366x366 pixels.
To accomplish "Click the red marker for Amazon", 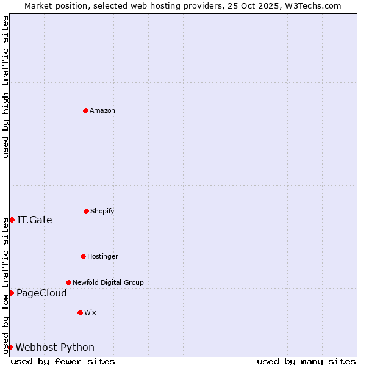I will pyautogui.click(x=85, y=110).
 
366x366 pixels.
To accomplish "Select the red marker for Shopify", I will pyautogui.click(x=86, y=211).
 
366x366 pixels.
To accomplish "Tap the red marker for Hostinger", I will pyautogui.click(x=83, y=256).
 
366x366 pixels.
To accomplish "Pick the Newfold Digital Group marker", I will pyautogui.click(x=68, y=282).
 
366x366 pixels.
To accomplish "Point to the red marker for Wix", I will pyautogui.click(x=80, y=312).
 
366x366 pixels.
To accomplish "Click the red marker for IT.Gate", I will pyautogui.click(x=12, y=220).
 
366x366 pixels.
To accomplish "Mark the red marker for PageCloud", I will pyautogui.click(x=11, y=293).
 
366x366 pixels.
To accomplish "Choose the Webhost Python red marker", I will pyautogui.click(x=10, y=347).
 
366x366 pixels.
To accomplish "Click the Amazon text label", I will pyautogui.click(x=102, y=110).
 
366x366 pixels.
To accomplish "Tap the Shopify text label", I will pyautogui.click(x=102, y=211).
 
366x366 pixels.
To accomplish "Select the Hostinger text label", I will pyautogui.click(x=102, y=256).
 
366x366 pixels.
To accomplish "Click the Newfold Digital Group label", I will pyautogui.click(x=108, y=282).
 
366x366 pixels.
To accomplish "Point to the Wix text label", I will pyautogui.click(x=90, y=312).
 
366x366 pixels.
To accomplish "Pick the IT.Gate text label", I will pyautogui.click(x=35, y=220).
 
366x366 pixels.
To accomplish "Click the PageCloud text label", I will pyautogui.click(x=41, y=293).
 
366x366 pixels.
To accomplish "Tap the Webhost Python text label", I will pyautogui.click(x=55, y=348).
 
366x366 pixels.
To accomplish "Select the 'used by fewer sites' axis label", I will pyautogui.click(x=63, y=361).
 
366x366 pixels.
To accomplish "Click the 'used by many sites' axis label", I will pyautogui.click(x=306, y=361).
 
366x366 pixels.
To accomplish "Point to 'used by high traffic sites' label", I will pyautogui.click(x=6, y=87).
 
